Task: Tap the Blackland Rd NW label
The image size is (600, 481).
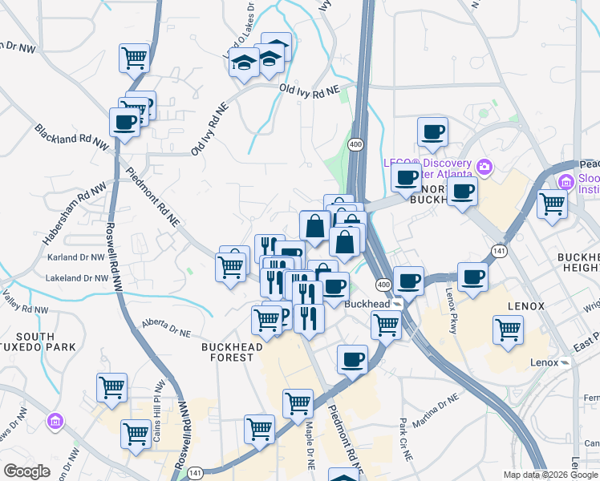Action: [x=71, y=138]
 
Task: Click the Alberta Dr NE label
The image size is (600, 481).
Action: [x=167, y=327]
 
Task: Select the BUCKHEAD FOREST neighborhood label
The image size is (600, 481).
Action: [x=226, y=351]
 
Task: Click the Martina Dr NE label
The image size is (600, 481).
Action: [x=434, y=408]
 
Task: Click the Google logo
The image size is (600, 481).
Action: [x=26, y=471]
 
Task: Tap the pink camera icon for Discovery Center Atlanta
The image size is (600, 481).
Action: [x=484, y=168]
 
